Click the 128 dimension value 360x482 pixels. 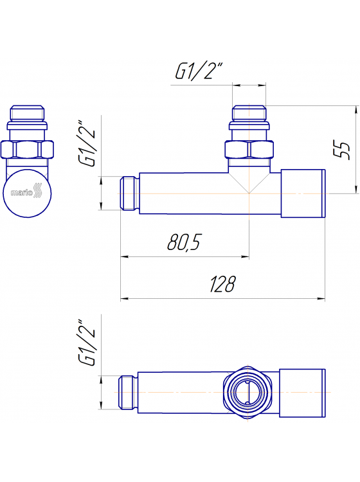point(223,284)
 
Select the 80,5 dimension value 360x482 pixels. point(184,242)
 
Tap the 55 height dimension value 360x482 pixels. point(345,149)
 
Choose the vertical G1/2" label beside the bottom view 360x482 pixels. point(87,343)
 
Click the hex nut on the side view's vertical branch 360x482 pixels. point(249,151)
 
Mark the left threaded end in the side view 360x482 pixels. point(129,193)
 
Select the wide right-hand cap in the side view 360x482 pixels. point(303,193)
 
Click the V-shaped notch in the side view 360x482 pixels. point(249,182)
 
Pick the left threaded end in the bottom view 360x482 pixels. point(129,392)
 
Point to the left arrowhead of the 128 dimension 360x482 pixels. point(124,298)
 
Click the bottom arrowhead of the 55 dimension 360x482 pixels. point(354,190)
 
